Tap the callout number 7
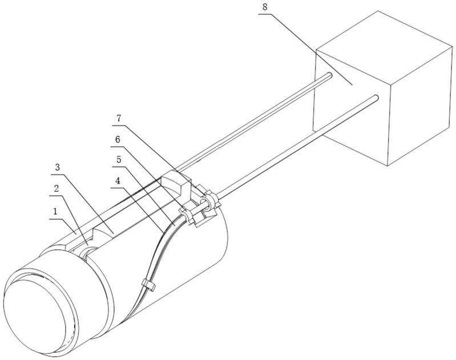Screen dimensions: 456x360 click(118, 118)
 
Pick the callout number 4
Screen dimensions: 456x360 click(118, 181)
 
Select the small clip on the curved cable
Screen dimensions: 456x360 click(147, 285)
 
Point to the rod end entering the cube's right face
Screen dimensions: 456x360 click(376, 99)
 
